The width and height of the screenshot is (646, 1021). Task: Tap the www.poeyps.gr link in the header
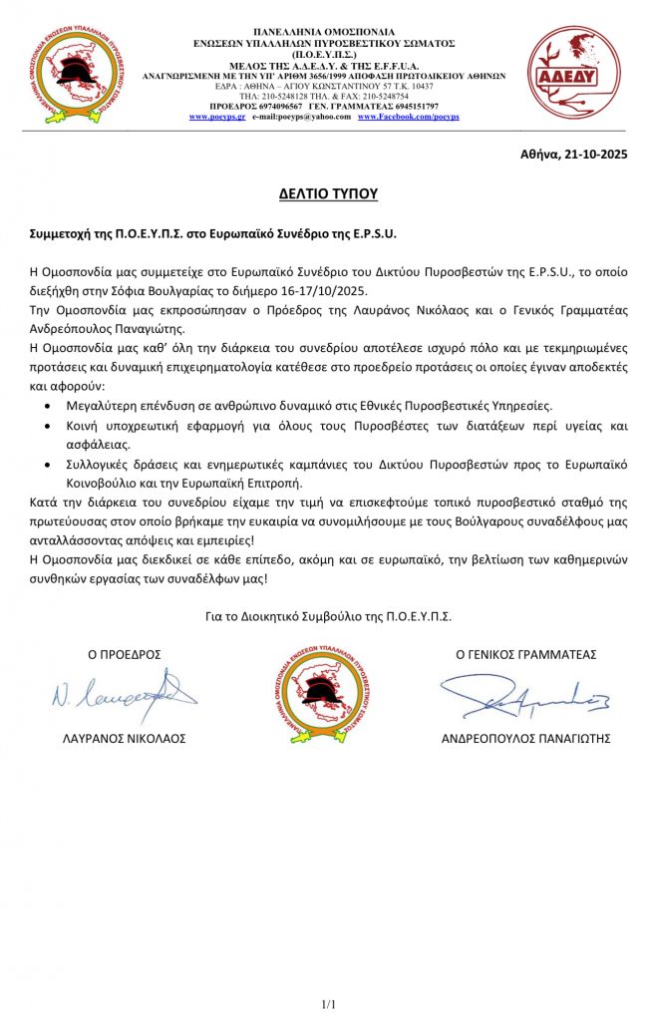click(x=217, y=117)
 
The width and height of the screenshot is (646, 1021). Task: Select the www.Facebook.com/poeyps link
click(x=408, y=117)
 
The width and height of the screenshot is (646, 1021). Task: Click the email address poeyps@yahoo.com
click(x=301, y=117)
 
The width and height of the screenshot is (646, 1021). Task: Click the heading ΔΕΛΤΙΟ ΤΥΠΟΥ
click(x=328, y=193)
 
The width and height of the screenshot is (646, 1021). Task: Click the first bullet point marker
click(x=52, y=407)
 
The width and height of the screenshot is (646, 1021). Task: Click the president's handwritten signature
click(x=124, y=692)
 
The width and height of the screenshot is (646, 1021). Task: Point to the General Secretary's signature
click(x=524, y=699)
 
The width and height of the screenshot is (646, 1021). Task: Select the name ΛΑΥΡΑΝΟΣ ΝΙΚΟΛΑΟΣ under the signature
click(x=125, y=739)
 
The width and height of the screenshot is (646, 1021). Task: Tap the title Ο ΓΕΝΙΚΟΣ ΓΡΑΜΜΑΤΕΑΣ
click(x=525, y=654)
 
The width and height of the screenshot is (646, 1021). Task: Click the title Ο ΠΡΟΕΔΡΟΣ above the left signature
click(x=125, y=654)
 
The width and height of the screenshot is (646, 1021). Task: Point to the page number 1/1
click(x=328, y=1002)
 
